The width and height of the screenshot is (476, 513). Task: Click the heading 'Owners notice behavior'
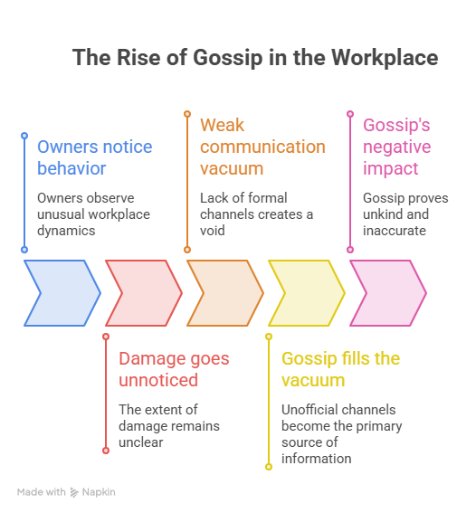click(94, 157)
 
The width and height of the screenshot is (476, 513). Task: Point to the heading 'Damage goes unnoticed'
click(174, 369)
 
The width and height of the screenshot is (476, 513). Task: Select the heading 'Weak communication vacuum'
click(262, 147)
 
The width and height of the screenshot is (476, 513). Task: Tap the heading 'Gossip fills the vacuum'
click(340, 369)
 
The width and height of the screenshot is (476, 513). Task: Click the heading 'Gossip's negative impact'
click(397, 147)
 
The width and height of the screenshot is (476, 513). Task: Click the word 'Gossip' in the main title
click(228, 58)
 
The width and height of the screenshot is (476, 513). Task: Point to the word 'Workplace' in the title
click(385, 58)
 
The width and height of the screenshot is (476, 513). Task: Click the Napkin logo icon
click(74, 492)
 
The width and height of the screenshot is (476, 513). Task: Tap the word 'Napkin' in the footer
click(99, 492)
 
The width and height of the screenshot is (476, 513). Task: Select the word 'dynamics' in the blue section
click(66, 231)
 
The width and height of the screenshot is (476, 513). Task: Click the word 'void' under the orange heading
click(213, 231)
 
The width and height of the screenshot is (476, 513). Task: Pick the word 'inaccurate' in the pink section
click(395, 231)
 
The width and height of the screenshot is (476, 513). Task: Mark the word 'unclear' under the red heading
click(140, 442)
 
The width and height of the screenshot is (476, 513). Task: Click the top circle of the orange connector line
click(187, 114)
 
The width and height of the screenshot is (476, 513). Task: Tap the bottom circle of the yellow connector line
click(269, 467)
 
